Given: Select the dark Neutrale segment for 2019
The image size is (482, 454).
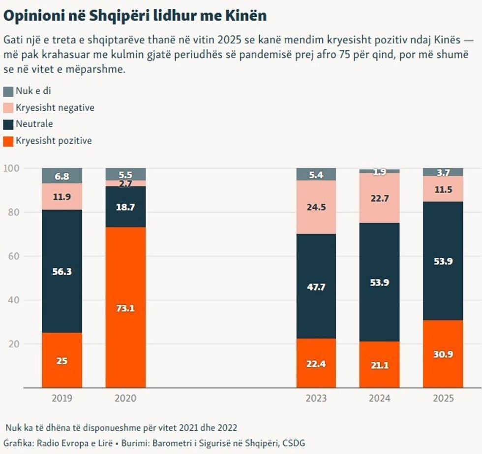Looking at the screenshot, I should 62,271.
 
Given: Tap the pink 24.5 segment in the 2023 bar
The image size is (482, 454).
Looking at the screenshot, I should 316,207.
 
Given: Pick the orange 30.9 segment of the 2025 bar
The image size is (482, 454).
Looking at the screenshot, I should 443,354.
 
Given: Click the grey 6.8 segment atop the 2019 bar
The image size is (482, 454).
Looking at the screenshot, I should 62,176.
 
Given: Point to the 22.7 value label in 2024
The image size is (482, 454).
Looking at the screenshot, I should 380,198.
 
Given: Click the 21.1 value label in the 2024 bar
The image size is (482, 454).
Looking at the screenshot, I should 380,364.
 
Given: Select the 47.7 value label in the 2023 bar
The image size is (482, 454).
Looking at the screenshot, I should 316,287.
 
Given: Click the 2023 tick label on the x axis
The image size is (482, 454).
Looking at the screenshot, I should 316,398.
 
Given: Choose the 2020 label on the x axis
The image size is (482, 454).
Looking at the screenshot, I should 126,398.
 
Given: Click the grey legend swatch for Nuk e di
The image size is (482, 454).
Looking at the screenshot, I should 8,92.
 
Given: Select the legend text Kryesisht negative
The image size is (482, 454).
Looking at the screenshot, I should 55,107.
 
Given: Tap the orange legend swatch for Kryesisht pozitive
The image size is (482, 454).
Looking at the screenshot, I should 8,141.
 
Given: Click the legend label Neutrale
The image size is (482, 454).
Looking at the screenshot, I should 34,124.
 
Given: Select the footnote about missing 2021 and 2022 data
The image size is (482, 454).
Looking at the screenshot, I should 124,426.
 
